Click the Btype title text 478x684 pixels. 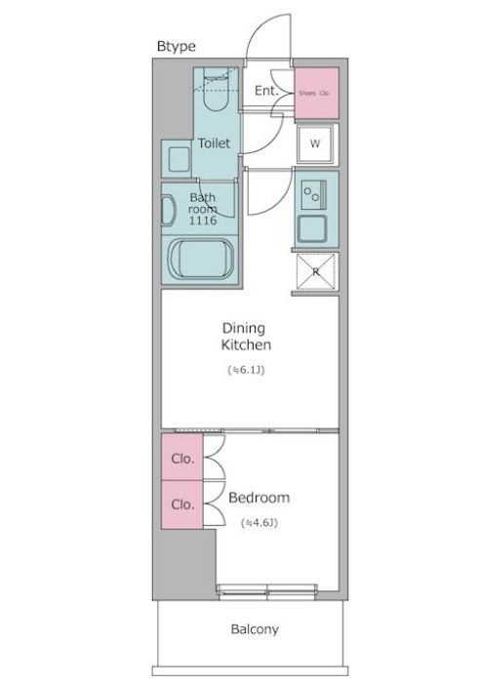pyautogui.click(x=177, y=46)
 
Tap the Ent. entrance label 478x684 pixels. pyautogui.click(x=266, y=91)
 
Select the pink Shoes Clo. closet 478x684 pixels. pyautogui.click(x=316, y=93)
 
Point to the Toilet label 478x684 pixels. pyautogui.click(x=215, y=142)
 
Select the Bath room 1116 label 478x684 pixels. pyautogui.click(x=204, y=210)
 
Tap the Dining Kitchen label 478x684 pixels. pyautogui.click(x=245, y=337)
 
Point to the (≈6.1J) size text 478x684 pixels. pyautogui.click(x=245, y=370)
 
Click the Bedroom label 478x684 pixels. pyautogui.click(x=259, y=498)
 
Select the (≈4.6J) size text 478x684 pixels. pyautogui.click(x=259, y=523)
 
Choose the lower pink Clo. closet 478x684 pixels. pyautogui.click(x=181, y=505)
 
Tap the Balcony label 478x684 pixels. pyautogui.click(x=255, y=629)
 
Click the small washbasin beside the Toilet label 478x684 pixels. pyautogui.click(x=178, y=159)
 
